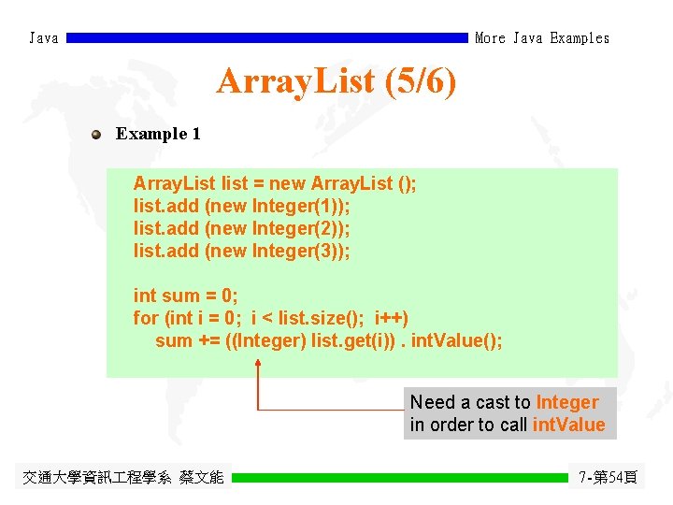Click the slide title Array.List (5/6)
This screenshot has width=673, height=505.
click(x=336, y=82)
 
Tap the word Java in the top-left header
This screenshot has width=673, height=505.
click(x=43, y=38)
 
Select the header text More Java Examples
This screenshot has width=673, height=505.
click(x=542, y=38)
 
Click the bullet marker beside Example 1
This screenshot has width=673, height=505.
click(x=96, y=134)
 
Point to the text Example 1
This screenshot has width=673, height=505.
click(x=158, y=134)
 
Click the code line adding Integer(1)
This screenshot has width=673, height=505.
click(x=242, y=206)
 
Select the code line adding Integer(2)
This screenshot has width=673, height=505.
click(x=242, y=228)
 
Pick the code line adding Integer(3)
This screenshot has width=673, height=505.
click(x=242, y=251)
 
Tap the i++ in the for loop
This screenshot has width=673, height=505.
click(x=392, y=318)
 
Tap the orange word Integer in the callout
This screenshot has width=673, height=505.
click(x=567, y=403)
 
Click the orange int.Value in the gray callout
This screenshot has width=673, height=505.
click(x=568, y=426)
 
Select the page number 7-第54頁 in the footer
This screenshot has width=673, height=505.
click(x=609, y=477)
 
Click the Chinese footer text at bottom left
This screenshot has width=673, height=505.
click(x=123, y=477)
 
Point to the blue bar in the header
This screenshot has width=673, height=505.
click(x=267, y=38)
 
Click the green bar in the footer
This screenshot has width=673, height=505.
click(x=400, y=477)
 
